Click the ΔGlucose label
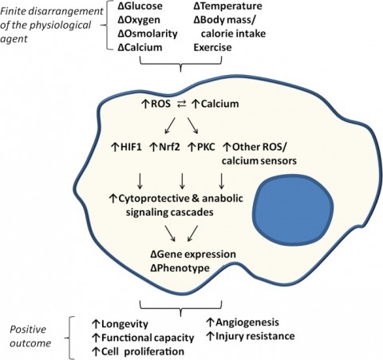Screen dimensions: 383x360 pyautogui.click(x=140, y=6)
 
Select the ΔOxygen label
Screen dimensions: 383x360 pyautogui.click(x=139, y=20)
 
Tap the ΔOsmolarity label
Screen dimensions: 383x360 pyautogui.click(x=148, y=34)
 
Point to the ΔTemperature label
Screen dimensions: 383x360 pyautogui.click(x=227, y=6)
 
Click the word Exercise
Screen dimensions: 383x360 pyautogui.click(x=212, y=48)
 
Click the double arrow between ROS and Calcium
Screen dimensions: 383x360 pyautogui.click(x=181, y=105)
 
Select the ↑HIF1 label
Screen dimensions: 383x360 pyautogui.click(x=126, y=147)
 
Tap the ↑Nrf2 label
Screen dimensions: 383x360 pyautogui.click(x=165, y=147)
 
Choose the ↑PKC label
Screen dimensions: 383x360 pyautogui.click(x=202, y=147)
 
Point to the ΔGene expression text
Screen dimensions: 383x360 pyautogui.click(x=193, y=254)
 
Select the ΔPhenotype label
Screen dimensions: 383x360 pyautogui.click(x=180, y=268)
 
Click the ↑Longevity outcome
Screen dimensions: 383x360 pyautogui.click(x=120, y=324)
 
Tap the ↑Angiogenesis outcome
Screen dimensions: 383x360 pyautogui.click(x=243, y=322)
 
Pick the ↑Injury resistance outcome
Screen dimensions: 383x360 pyautogui.click(x=251, y=336)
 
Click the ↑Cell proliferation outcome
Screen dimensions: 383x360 pyautogui.click(x=138, y=352)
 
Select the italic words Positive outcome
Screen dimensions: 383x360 pyautogui.click(x=30, y=336)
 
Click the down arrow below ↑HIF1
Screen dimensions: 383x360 pyautogui.click(x=140, y=181)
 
